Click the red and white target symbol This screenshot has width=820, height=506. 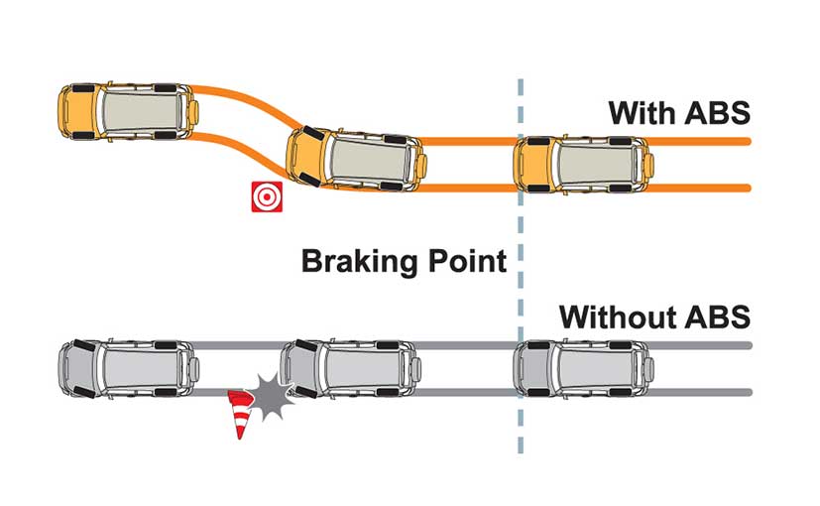[267, 196]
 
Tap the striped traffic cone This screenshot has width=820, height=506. [240, 414]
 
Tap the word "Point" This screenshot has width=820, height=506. [468, 261]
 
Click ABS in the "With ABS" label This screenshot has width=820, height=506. [716, 113]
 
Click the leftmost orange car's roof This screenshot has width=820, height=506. [141, 111]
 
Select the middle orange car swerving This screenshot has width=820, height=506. [356, 158]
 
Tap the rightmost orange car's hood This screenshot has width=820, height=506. [536, 165]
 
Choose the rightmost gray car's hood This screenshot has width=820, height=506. [536, 368]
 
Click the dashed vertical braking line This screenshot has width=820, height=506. [520, 266]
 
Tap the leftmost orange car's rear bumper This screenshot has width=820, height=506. [194, 112]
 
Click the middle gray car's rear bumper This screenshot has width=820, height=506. [416, 369]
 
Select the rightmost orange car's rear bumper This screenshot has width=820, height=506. [649, 165]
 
